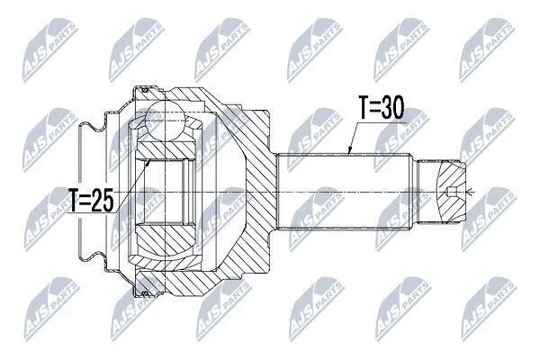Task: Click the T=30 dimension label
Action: (381, 108)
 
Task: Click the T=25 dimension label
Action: (91, 200)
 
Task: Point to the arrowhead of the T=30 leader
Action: (349, 150)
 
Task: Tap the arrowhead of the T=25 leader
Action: (148, 162)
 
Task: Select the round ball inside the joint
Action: (165, 121)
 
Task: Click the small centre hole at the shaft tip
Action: (451, 192)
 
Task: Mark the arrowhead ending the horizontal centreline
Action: (469, 192)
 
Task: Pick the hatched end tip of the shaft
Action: (451, 192)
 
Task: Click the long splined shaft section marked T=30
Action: (345, 192)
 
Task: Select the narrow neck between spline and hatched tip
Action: (427, 192)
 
